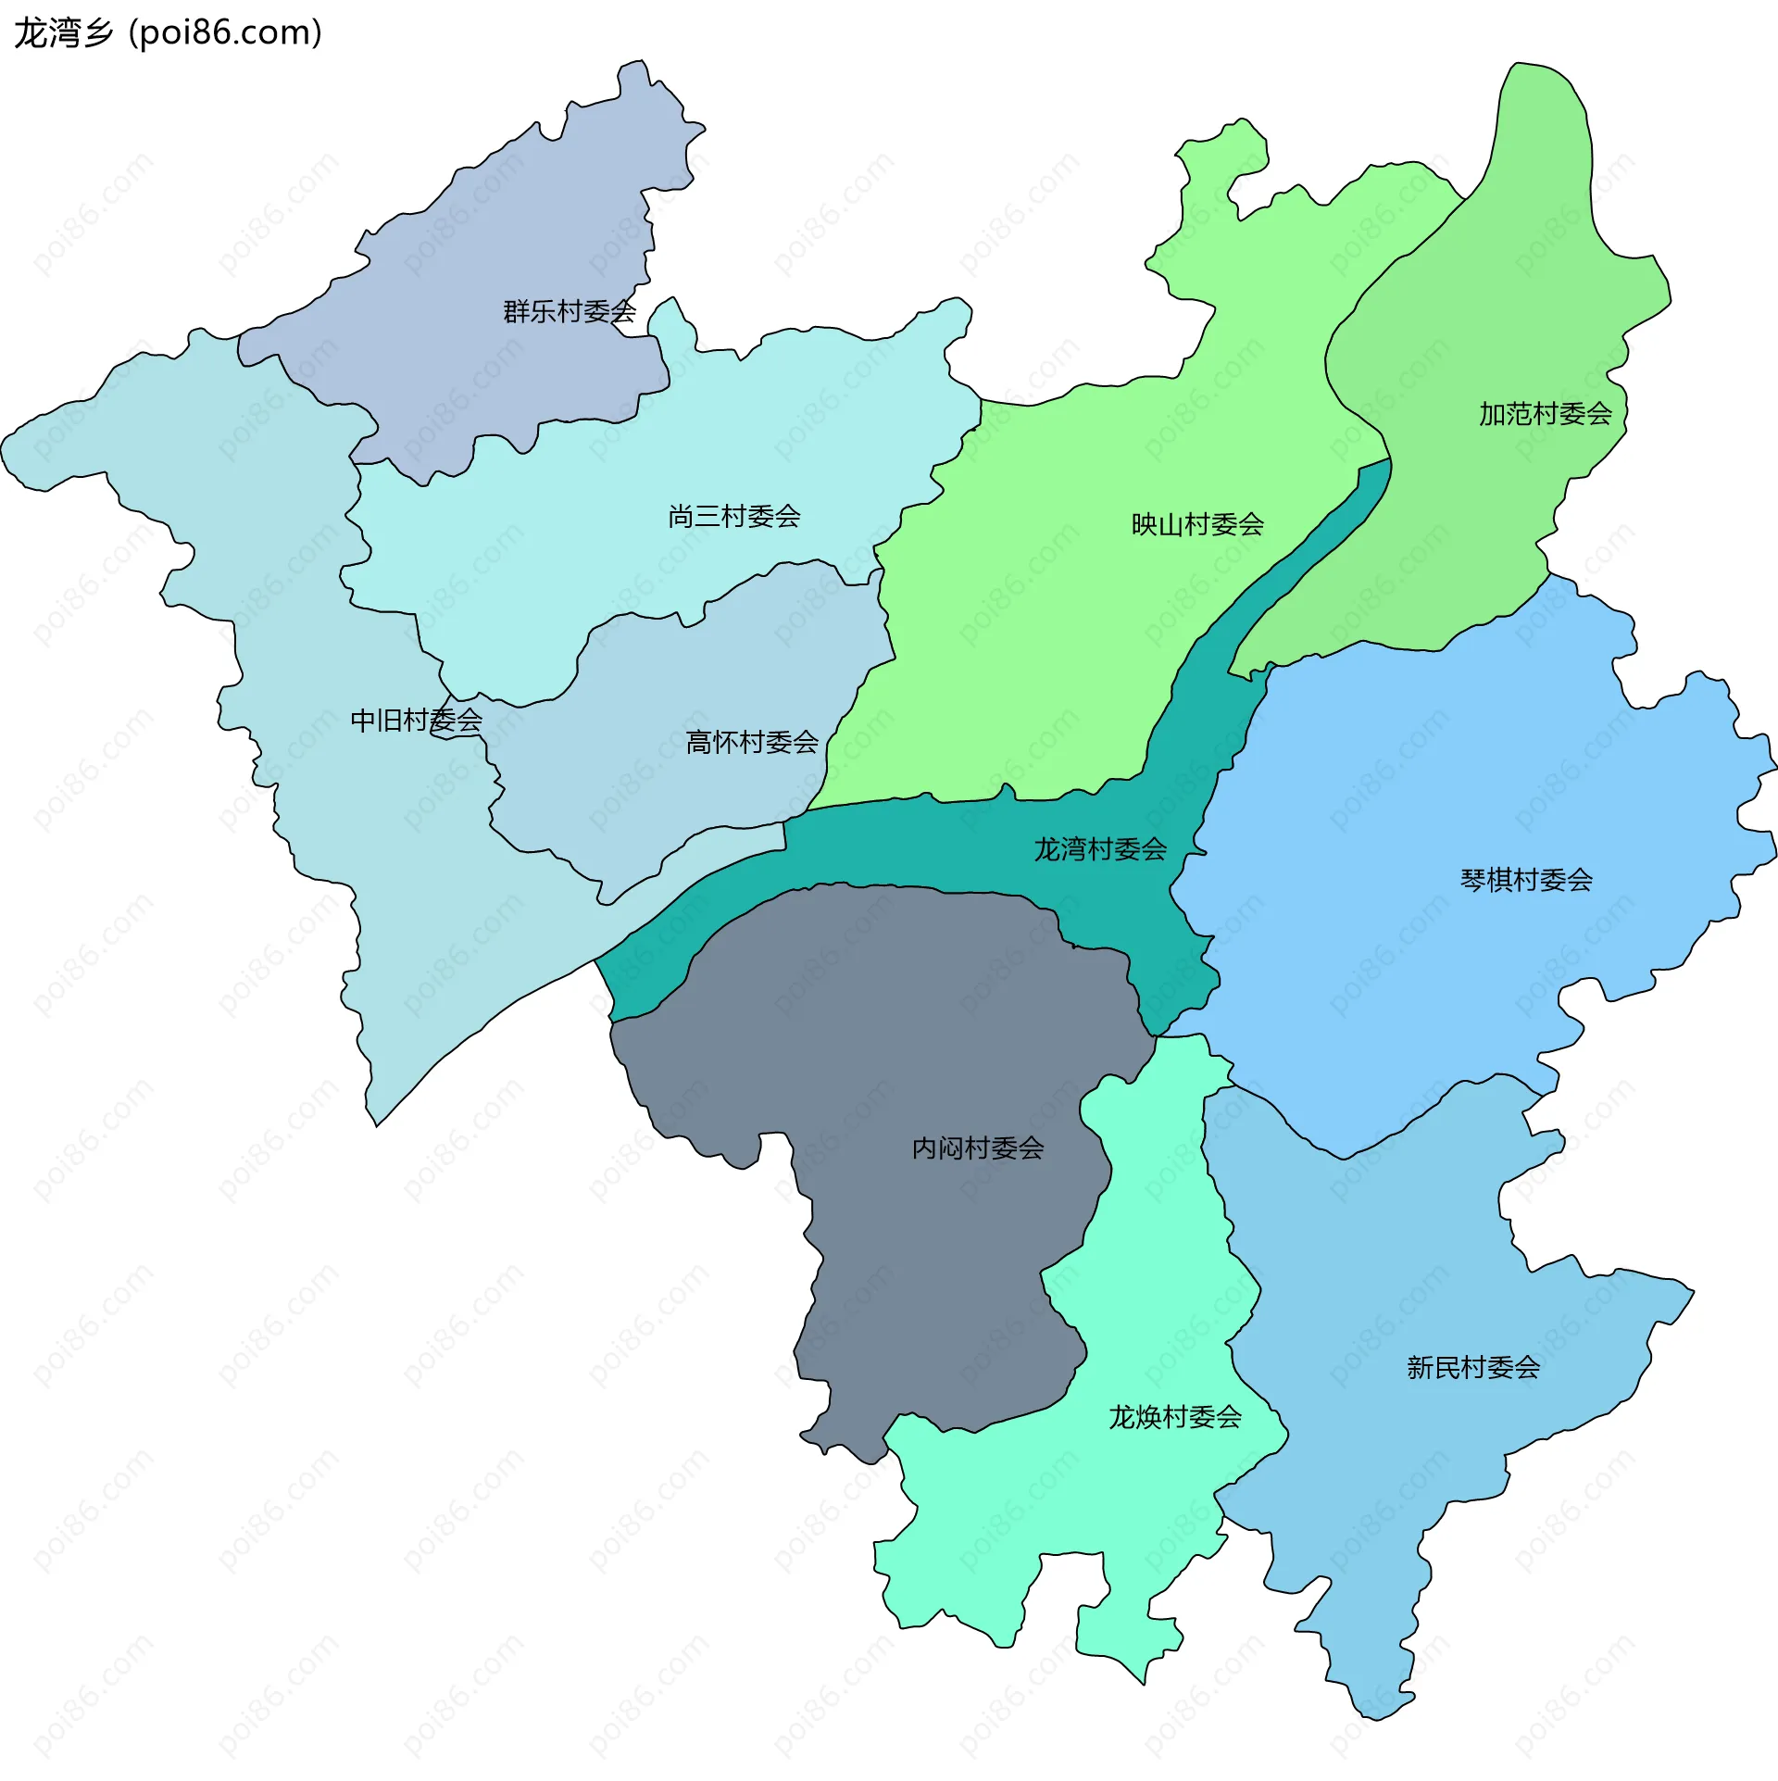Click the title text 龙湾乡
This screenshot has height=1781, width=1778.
point(63,33)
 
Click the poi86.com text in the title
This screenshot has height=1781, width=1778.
point(225,33)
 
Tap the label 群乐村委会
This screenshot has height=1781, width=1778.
point(569,312)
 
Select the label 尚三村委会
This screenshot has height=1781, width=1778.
point(733,517)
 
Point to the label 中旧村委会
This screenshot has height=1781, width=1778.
point(416,721)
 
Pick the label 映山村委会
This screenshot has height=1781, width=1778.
point(1197,525)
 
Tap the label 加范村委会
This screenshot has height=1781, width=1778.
point(1545,414)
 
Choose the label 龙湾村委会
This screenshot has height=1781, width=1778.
point(1099,849)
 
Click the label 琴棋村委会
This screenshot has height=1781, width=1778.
point(1525,880)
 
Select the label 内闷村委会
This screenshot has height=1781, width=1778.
point(977,1148)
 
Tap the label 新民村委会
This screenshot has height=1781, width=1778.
point(1472,1368)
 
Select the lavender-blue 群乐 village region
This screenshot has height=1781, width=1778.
point(500,232)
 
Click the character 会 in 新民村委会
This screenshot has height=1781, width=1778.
point(1527,1368)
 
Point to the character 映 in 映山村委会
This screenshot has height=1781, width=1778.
point(1145,525)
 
